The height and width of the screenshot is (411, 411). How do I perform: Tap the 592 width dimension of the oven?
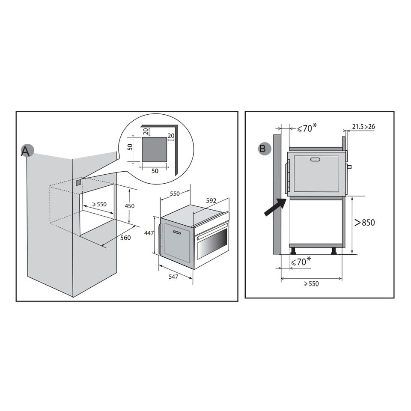pos(211,200)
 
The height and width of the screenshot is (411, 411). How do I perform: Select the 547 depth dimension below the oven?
pos(173,276)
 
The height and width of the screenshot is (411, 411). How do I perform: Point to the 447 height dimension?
pos(149,233)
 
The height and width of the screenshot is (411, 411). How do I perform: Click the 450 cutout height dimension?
pos(129,206)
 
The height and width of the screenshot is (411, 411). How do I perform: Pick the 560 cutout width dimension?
pos(125,238)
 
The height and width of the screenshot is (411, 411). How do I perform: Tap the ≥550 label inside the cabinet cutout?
pos(99,204)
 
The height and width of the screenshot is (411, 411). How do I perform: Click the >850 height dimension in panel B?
pos(365,223)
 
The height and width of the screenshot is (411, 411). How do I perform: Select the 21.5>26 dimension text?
pos(363,127)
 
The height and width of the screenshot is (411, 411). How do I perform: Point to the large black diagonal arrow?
pos(275,207)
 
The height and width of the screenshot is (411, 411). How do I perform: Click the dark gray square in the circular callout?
pos(155,149)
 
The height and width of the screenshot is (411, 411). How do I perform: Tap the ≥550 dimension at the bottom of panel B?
pos(311,283)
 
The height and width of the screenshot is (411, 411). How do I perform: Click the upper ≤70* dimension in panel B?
pos(307,128)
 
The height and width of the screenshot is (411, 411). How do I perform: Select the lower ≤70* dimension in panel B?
pos(301,261)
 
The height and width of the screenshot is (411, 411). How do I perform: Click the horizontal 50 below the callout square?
pos(155,171)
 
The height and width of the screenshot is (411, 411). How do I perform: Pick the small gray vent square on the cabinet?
pos(78,182)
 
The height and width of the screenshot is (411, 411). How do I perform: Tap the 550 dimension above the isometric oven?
pos(175,194)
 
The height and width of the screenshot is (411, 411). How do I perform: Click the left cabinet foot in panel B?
pos(293,251)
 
